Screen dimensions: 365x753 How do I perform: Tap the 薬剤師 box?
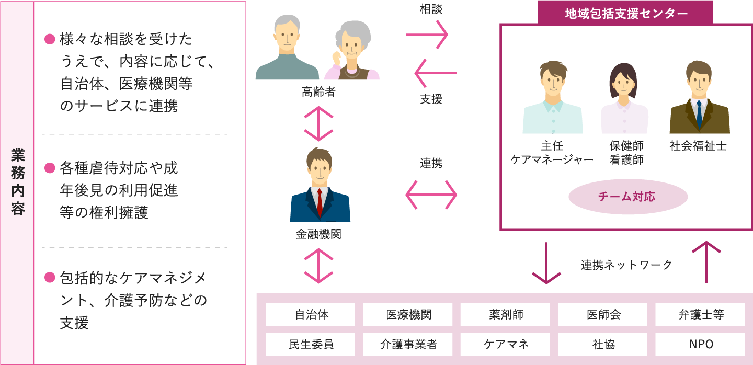point(505,315)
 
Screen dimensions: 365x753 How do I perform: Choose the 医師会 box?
point(602,315)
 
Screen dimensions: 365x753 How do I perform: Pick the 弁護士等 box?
point(700,315)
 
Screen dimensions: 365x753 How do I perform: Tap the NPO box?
point(700,344)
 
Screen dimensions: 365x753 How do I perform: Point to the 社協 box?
point(602,344)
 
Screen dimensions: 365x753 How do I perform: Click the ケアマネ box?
point(505,344)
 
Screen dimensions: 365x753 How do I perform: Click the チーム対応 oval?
point(627,197)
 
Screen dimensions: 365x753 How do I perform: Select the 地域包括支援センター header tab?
point(625,13)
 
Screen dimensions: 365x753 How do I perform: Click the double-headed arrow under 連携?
point(431,195)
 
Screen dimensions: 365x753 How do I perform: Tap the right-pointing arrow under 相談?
point(427,35)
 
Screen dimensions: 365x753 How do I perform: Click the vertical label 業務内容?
point(18,182)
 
